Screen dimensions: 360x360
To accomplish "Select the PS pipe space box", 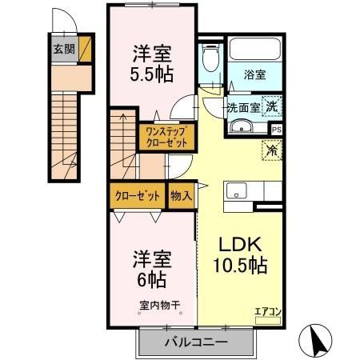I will pyautogui.click(x=276, y=129).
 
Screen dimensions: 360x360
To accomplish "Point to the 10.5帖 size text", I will pyautogui.click(x=238, y=265).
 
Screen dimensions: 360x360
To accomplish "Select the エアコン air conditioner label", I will pyautogui.click(x=266, y=312).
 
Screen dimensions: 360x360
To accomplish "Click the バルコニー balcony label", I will pyautogui.click(x=197, y=342).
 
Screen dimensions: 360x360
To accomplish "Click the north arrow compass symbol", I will pyautogui.click(x=318, y=339).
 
